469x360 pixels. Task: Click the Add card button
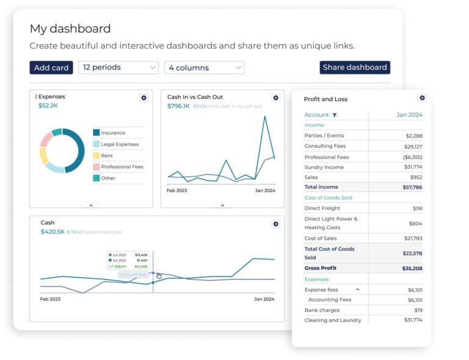click(x=51, y=68)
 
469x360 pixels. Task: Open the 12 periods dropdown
click(x=118, y=68)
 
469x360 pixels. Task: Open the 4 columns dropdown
click(x=204, y=68)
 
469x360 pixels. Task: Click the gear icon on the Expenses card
click(x=144, y=98)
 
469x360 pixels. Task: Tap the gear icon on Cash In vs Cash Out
click(x=275, y=98)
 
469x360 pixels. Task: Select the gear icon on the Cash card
click(x=275, y=224)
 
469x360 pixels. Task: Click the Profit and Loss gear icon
click(x=422, y=98)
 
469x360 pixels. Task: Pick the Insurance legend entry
click(x=112, y=133)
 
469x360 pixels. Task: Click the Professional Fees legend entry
click(x=122, y=167)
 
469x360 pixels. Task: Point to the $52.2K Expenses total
click(x=48, y=106)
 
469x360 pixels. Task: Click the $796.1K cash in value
click(x=178, y=106)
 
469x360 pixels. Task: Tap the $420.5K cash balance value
click(x=52, y=232)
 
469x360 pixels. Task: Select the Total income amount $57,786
click(x=411, y=187)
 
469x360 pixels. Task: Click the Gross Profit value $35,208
click(x=411, y=268)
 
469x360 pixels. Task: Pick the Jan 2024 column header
click(x=409, y=115)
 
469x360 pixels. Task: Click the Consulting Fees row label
click(x=325, y=147)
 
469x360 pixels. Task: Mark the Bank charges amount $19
click(x=417, y=310)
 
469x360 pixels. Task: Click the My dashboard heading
click(x=70, y=29)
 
